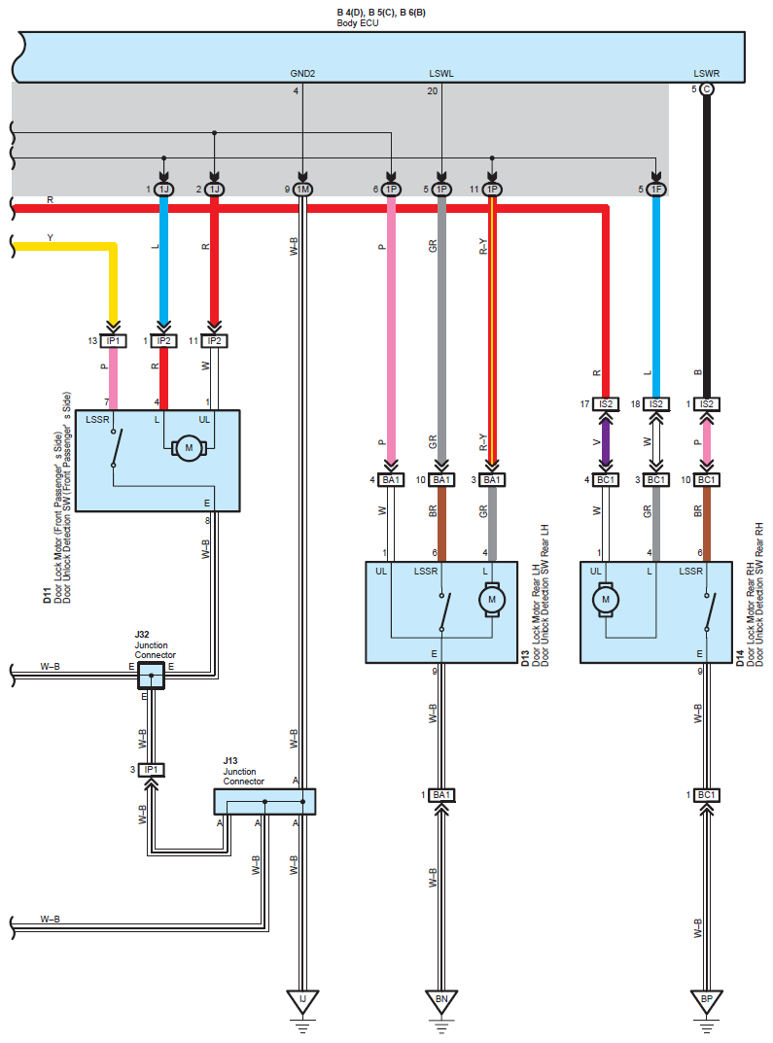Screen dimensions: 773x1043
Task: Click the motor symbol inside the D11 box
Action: [189, 448]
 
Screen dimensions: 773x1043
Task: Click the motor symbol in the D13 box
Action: [492, 600]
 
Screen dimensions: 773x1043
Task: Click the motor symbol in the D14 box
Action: [606, 600]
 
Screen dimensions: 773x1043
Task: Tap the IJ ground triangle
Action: [302, 1001]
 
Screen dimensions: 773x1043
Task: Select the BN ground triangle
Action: [441, 1001]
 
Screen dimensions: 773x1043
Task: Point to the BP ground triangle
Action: [707, 1001]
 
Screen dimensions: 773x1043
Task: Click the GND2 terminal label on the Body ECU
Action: [302, 74]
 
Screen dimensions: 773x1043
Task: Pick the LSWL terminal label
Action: [441, 74]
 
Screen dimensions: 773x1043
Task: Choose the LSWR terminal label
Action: [707, 74]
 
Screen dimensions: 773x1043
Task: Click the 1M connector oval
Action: [302, 190]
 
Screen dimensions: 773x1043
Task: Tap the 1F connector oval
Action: [656, 190]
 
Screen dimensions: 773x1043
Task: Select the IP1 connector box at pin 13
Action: [113, 341]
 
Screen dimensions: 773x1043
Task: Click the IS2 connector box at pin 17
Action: [606, 403]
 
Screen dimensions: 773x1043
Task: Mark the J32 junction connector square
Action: [151, 676]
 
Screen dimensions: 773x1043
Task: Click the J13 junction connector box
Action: [264, 802]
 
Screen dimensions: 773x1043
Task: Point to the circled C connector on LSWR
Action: [707, 89]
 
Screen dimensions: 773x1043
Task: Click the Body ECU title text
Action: [357, 23]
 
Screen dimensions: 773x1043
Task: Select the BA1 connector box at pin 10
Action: [441, 479]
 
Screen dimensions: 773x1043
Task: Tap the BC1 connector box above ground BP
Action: [707, 795]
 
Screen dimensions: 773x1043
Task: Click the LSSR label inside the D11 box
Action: [97, 420]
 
